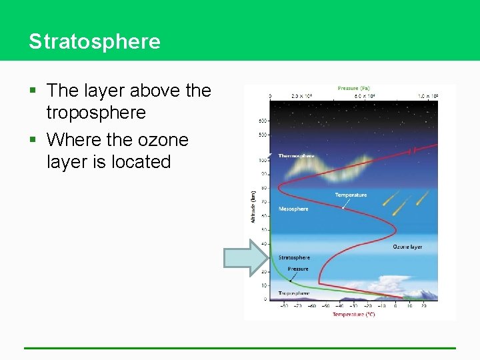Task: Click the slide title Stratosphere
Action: point(95,41)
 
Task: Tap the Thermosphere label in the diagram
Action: point(297,156)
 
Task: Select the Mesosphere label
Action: point(293,209)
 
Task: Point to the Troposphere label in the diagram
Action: point(293,293)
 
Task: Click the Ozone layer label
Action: point(407,247)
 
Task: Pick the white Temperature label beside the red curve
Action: point(351,195)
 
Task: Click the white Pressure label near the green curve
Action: point(298,269)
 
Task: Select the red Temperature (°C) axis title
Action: point(353,314)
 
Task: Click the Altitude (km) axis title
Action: point(253,207)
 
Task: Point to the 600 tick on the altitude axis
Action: point(263,121)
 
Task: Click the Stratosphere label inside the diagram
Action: point(294,257)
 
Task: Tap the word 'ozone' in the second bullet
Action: point(163,140)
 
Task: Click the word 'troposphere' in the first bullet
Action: point(96,113)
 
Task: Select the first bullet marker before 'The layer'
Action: point(33,91)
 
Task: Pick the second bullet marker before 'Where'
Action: point(33,140)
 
